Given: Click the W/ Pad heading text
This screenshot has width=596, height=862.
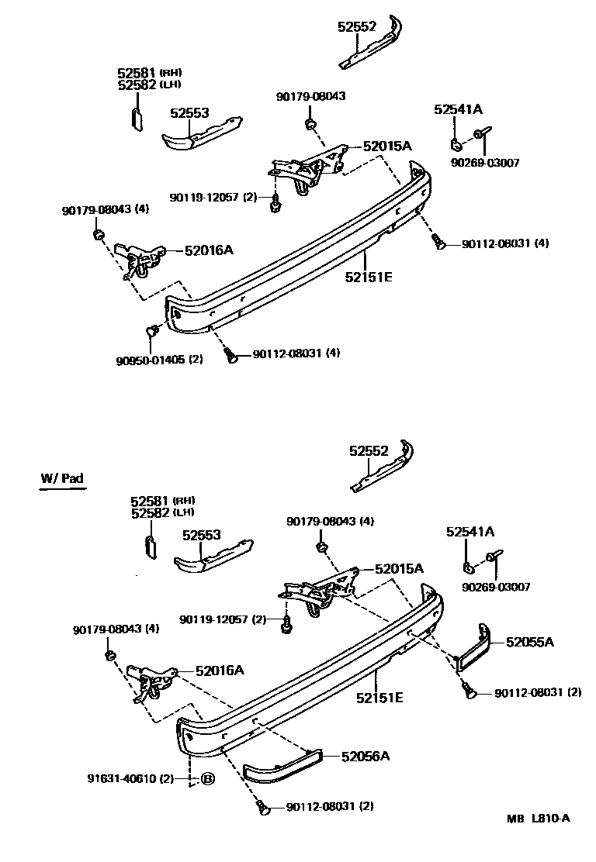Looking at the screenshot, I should pos(62,478).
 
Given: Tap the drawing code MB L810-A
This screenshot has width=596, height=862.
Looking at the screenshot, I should pos(539,819).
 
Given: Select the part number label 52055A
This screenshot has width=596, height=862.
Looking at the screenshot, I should pos(530,641).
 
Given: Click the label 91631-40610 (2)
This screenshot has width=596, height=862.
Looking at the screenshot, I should pos(130,779).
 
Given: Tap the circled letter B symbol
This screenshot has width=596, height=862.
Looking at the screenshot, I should pos(207,779).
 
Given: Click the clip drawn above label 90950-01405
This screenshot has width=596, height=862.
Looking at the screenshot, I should pos(151,332).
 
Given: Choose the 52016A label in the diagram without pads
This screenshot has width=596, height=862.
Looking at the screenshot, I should pos(209,250).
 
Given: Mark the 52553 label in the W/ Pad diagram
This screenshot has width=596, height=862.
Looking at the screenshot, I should pos(202,535).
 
